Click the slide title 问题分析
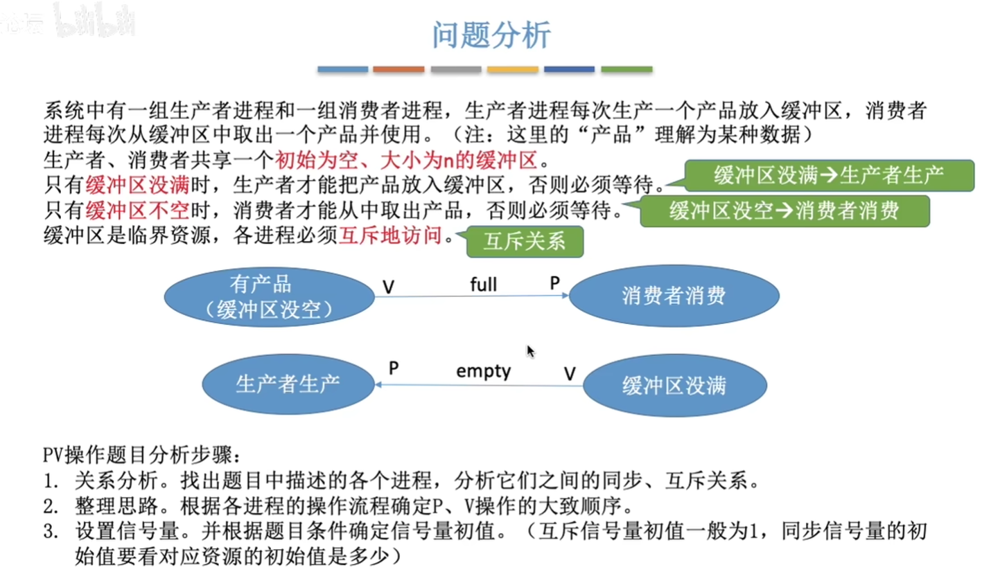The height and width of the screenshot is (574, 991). [x=491, y=35]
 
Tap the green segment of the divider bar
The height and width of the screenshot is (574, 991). [x=626, y=69]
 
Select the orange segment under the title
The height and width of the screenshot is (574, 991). [x=398, y=69]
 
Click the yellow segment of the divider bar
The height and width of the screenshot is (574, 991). [x=513, y=69]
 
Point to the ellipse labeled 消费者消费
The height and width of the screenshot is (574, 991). [x=674, y=296]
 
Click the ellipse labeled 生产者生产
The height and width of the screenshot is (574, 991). [x=288, y=384]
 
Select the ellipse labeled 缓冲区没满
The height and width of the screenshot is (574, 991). [x=675, y=385]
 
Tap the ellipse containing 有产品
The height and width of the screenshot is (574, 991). [x=269, y=297]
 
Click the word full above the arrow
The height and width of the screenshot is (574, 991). [x=484, y=284]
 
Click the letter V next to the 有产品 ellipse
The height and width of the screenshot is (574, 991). [x=389, y=287]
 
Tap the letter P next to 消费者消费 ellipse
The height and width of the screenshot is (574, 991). [x=555, y=282]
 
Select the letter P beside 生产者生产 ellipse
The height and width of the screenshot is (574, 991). [x=394, y=368]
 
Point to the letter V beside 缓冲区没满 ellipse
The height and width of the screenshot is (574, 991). [x=570, y=374]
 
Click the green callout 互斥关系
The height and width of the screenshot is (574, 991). [x=525, y=242]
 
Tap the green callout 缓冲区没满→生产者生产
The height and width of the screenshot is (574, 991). [x=829, y=175]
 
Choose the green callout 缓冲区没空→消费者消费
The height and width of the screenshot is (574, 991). [x=784, y=210]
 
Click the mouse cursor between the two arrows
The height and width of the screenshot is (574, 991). [x=530, y=352]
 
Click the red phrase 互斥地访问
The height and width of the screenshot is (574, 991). [x=390, y=235]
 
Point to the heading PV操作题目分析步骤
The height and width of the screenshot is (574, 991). [x=141, y=455]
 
